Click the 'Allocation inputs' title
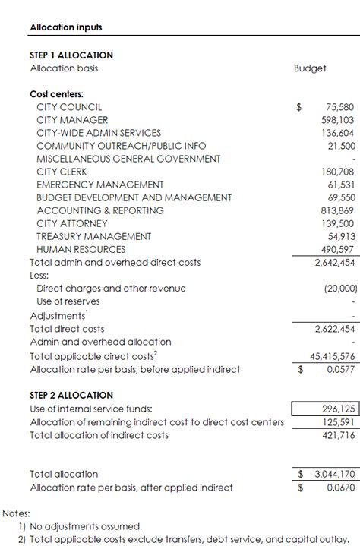point(66,27)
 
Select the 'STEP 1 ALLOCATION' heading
point(71,55)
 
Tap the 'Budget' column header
point(310,68)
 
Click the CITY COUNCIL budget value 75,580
point(339,107)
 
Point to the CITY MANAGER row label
point(72,120)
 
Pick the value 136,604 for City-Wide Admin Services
point(337,133)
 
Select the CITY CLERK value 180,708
point(337,172)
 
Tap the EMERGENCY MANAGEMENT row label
point(99,185)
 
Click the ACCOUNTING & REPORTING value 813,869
point(337,210)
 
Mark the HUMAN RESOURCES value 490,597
point(337,249)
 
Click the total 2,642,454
point(335,263)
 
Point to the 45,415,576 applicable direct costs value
point(333,355)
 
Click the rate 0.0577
point(339,369)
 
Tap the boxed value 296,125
point(338,409)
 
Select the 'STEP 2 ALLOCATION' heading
point(71,396)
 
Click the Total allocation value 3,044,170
point(335,474)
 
